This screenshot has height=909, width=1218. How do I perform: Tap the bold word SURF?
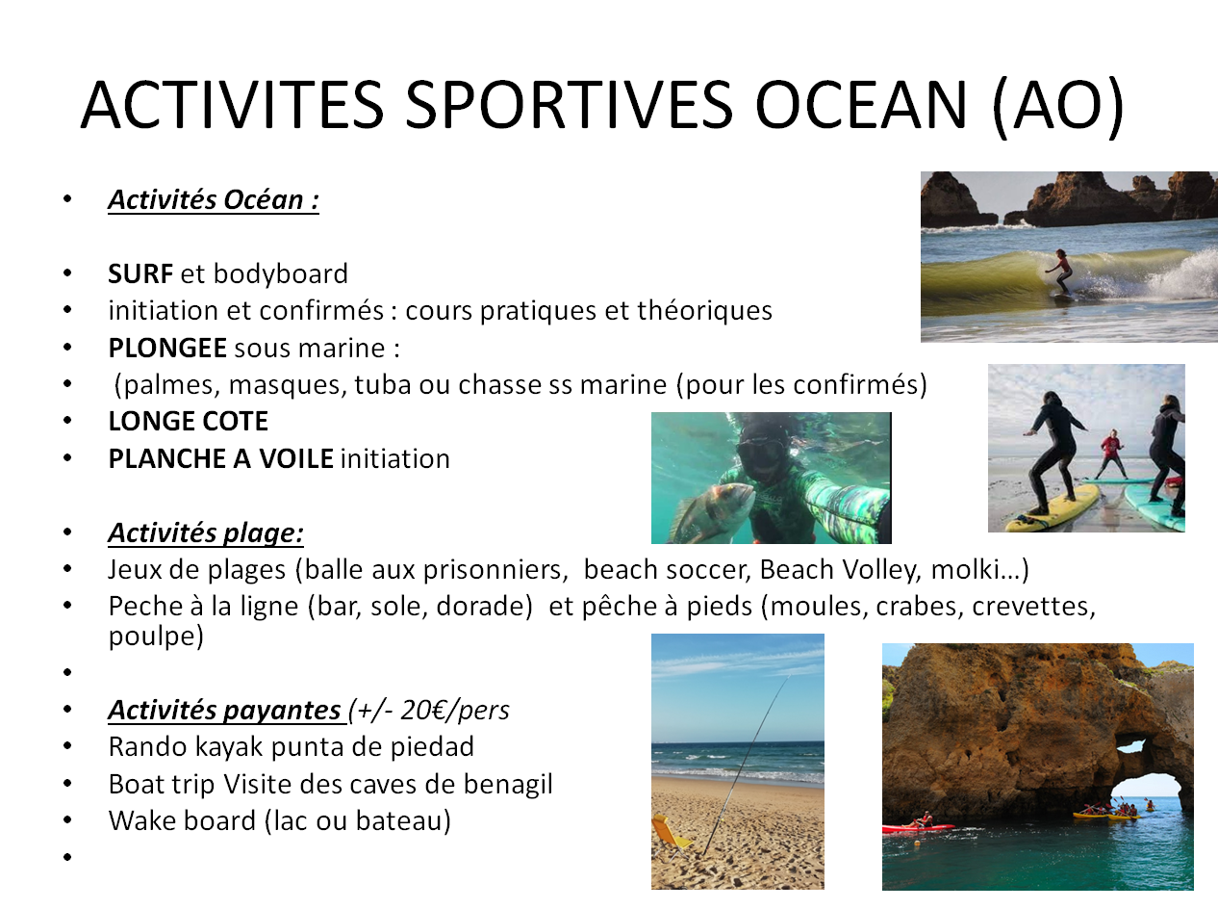[140, 273]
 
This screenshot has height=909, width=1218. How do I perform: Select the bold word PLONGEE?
[167, 349]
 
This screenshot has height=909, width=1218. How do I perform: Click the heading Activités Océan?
[214, 200]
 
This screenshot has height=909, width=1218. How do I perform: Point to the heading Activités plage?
[206, 533]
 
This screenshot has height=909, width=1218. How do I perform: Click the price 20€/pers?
[454, 710]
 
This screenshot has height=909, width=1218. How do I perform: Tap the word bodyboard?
[280, 273]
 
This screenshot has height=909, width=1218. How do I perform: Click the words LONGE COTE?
[189, 421]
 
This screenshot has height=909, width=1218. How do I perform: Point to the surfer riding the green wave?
[1060, 273]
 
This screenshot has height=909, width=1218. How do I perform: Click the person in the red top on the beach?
[1111, 454]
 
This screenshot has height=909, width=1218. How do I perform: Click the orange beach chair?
[670, 836]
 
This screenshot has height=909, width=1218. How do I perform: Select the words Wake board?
[182, 820]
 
